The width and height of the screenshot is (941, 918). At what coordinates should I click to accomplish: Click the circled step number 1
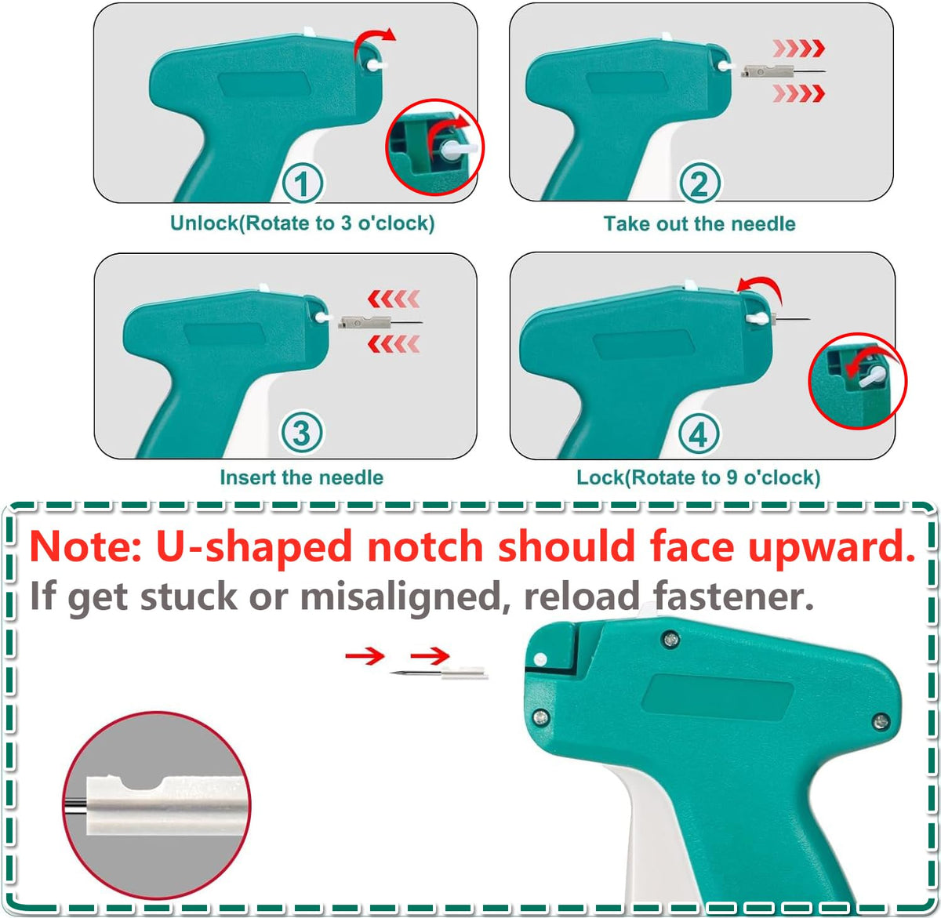click(x=302, y=183)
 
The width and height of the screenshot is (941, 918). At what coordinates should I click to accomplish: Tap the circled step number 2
click(x=699, y=183)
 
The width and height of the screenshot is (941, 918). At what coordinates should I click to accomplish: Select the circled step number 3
click(x=302, y=433)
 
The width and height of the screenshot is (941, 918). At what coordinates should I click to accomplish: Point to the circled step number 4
click(x=698, y=434)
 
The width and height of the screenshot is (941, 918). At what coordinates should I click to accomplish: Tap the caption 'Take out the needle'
click(x=699, y=224)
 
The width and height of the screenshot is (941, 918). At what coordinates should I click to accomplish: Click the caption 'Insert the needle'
click(x=302, y=477)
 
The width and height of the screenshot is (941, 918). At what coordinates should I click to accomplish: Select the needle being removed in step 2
click(x=783, y=72)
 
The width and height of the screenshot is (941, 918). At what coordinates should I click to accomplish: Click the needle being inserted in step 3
click(x=380, y=322)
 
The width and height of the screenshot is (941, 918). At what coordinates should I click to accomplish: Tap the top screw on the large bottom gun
click(x=670, y=640)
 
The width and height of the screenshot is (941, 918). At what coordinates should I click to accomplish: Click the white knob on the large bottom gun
click(x=540, y=659)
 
